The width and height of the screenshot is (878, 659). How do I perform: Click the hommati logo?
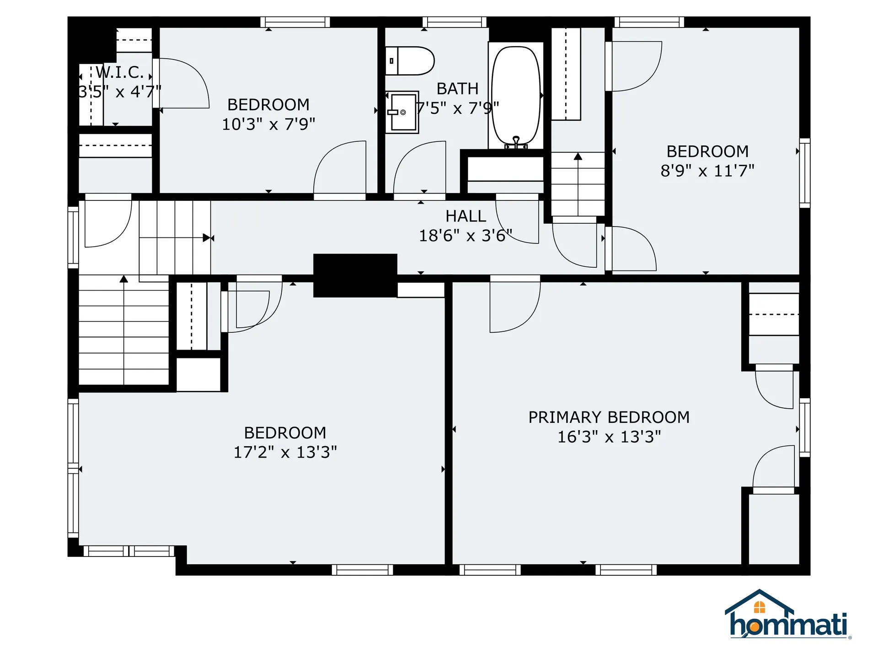point(787,616)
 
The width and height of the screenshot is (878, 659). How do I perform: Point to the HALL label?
point(466,216)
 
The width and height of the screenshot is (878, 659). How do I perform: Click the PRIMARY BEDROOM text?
point(609,417)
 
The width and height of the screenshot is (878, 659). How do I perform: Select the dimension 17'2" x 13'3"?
point(285,452)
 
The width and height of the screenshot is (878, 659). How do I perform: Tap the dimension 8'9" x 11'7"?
point(707,171)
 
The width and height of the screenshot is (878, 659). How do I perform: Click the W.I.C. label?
point(120,72)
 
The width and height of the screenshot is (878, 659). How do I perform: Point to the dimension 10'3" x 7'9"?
point(268,124)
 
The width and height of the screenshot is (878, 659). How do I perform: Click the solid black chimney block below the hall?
point(355,275)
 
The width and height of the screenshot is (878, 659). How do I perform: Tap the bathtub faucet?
point(516,142)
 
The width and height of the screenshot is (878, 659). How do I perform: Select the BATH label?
point(457,89)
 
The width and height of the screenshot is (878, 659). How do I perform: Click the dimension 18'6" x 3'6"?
point(466,236)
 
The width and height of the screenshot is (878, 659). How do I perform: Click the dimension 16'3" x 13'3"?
point(609,437)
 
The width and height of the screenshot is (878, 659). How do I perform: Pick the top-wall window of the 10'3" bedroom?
point(295,22)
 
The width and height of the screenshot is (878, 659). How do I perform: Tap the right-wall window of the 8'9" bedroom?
point(804,173)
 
